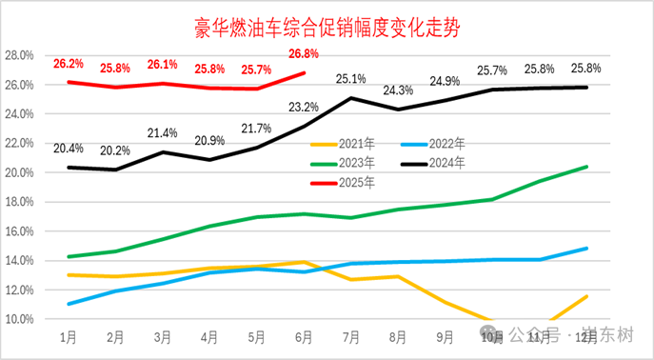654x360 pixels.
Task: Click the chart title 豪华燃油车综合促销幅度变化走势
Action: tap(327, 27)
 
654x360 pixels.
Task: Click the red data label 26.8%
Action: tap(303, 53)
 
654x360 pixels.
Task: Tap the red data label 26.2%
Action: tap(68, 64)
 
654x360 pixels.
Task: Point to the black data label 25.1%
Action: tap(351, 78)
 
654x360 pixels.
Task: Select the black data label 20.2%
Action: tap(114, 150)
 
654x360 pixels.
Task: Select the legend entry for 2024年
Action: tap(444, 163)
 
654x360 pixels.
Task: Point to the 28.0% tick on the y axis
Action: tap(20, 55)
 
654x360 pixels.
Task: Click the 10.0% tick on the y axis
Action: tap(20, 319)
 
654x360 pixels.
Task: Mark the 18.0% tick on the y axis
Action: tap(20, 202)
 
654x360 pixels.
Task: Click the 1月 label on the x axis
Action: tap(68, 337)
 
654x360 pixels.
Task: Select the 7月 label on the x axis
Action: tap(350, 337)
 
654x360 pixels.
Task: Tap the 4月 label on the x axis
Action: tap(209, 337)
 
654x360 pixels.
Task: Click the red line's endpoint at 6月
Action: tap(304, 72)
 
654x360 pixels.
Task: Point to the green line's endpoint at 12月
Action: tap(585, 167)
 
